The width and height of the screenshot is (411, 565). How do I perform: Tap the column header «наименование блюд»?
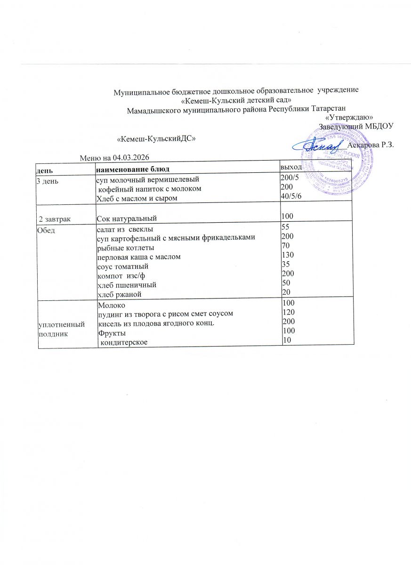(132, 168)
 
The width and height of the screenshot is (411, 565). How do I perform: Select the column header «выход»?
(290, 167)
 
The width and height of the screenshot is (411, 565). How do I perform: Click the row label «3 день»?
(48, 180)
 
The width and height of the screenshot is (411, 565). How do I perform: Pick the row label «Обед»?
(46, 229)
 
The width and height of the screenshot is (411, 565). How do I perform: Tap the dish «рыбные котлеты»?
(125, 247)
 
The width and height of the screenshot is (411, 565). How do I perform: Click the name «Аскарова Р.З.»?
(370, 145)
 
